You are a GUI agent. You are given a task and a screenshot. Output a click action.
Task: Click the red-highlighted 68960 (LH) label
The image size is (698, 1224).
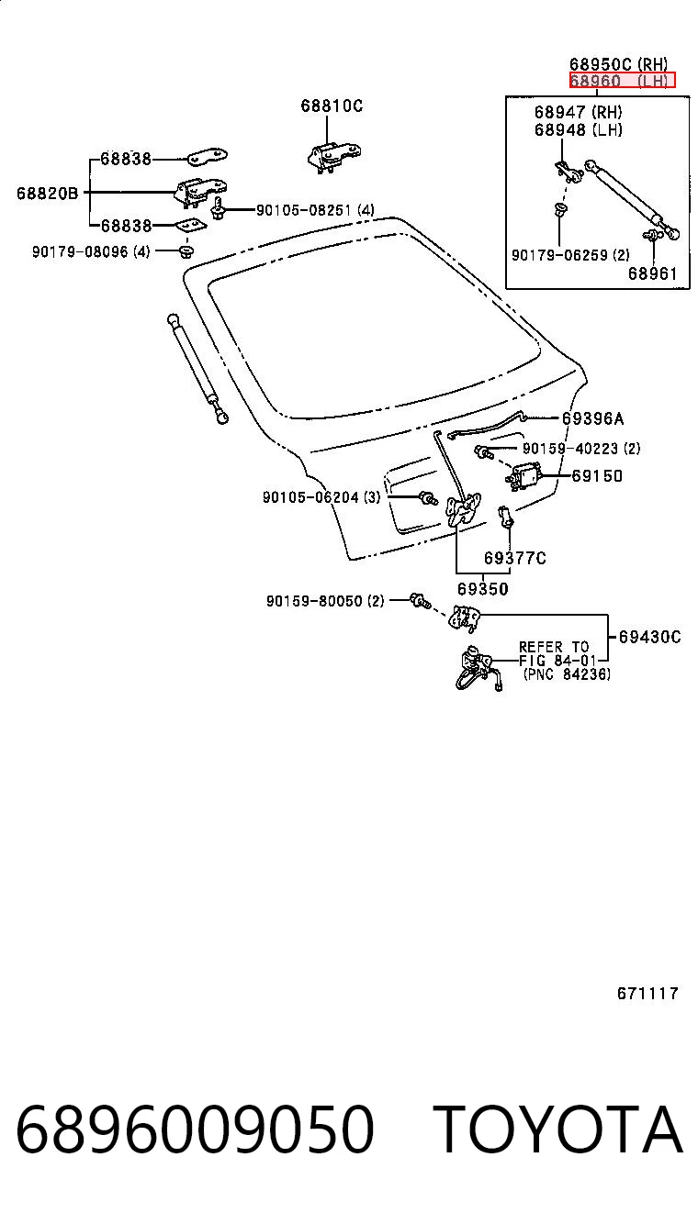pos(622,81)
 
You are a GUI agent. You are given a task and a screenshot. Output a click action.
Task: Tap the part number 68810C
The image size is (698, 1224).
pos(332,106)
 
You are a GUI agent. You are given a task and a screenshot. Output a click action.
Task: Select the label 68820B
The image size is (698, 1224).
pos(48,194)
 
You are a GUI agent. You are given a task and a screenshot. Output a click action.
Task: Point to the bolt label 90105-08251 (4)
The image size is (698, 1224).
pos(315,210)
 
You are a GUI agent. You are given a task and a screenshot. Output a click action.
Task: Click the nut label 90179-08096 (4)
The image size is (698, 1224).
pos(91,252)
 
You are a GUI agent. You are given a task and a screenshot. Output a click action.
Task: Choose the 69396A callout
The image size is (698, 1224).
pos(593,418)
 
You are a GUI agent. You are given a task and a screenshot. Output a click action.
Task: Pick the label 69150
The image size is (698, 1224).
pos(597,476)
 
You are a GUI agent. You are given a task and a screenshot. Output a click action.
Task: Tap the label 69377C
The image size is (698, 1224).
pos(514,558)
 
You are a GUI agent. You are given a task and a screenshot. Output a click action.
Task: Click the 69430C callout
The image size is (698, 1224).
pos(650,637)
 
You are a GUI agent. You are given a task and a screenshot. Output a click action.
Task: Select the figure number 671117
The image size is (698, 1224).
pos(647,993)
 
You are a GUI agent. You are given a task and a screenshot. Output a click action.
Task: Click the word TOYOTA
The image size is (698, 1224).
pos(558,1129)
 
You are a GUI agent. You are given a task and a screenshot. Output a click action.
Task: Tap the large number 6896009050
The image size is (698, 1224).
pos(196,1129)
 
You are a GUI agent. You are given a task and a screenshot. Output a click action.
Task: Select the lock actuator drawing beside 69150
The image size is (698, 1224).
pos(523,477)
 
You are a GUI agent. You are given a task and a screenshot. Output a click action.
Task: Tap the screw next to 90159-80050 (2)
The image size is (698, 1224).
pos(420,601)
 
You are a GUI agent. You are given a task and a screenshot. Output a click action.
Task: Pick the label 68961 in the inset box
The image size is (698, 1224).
pos(653,273)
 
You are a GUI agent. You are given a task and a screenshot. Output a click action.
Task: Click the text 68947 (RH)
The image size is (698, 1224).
pos(579,113)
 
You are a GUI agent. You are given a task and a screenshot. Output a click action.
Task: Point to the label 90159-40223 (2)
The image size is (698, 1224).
pos(581,449)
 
